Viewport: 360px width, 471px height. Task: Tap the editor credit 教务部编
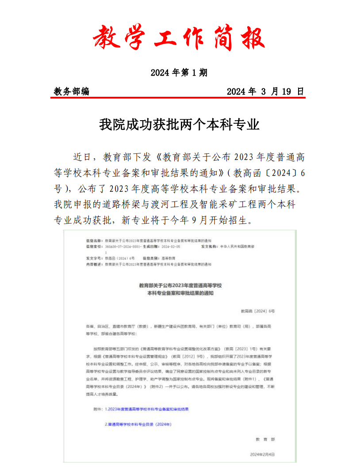point(71,91)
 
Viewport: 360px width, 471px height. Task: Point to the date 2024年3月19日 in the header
point(265,91)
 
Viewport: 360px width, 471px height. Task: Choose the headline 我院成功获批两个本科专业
point(179,125)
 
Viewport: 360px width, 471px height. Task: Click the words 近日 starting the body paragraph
point(82,157)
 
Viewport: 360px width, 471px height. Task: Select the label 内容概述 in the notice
point(93,264)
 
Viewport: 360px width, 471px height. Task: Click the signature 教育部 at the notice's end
point(265,439)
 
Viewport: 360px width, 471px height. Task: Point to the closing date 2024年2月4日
point(262,454)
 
